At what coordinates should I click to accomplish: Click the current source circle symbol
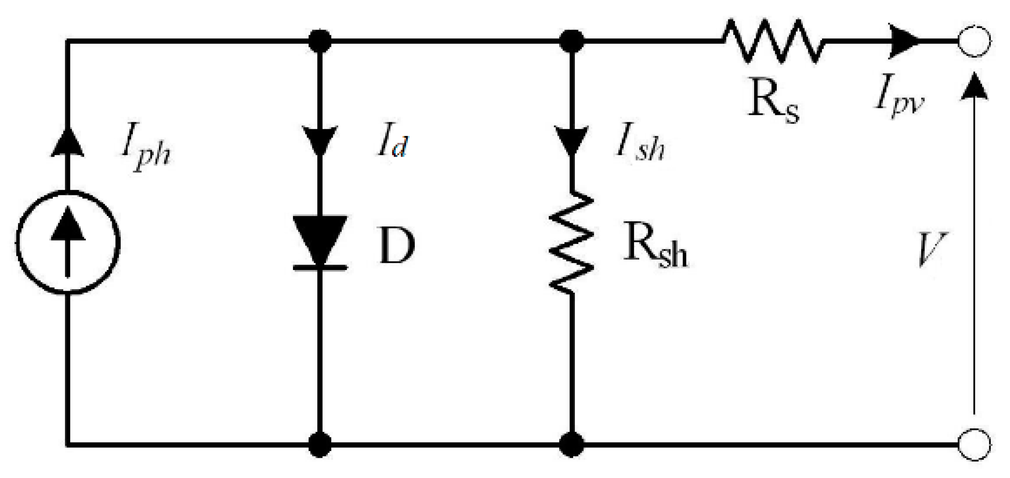(x=68, y=242)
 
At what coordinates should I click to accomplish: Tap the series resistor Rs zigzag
(x=773, y=41)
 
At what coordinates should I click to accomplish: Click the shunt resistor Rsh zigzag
(x=572, y=243)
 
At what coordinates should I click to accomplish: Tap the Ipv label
(x=900, y=100)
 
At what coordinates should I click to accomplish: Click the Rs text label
(x=773, y=104)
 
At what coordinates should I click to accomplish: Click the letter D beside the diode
(x=397, y=246)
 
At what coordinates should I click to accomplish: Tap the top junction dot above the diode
(x=320, y=41)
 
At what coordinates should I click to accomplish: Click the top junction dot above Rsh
(x=572, y=41)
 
